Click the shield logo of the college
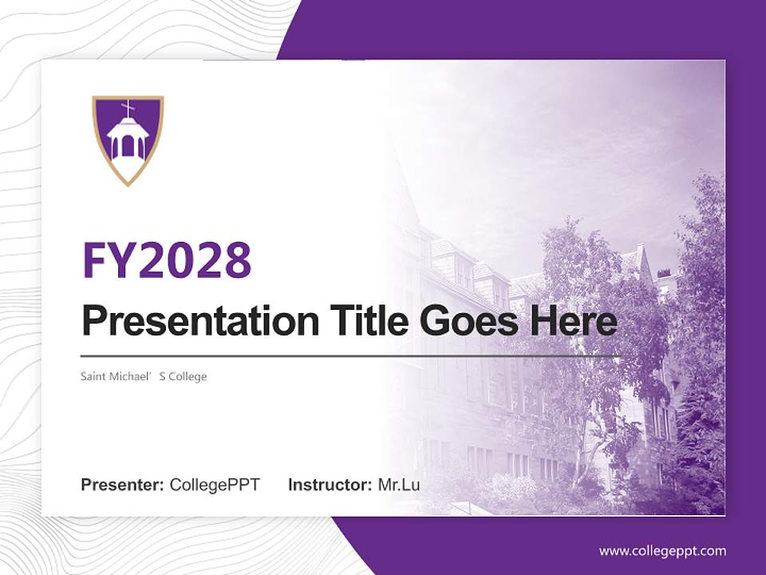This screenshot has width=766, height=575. click(x=128, y=140)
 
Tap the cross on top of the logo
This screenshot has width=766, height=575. click(x=128, y=107)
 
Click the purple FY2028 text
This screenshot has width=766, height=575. click(x=167, y=259)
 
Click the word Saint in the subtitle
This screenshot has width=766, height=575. click(x=93, y=376)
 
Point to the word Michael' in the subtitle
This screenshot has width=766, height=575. click(x=132, y=376)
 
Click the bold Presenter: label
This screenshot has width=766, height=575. click(x=123, y=485)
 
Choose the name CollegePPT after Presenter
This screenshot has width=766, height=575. click(x=215, y=485)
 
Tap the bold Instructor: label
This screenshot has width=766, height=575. click(x=330, y=485)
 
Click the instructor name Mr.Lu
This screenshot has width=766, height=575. click(x=399, y=485)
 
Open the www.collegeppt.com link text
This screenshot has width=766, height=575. click(x=662, y=551)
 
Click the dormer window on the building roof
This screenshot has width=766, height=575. click(x=464, y=272)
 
